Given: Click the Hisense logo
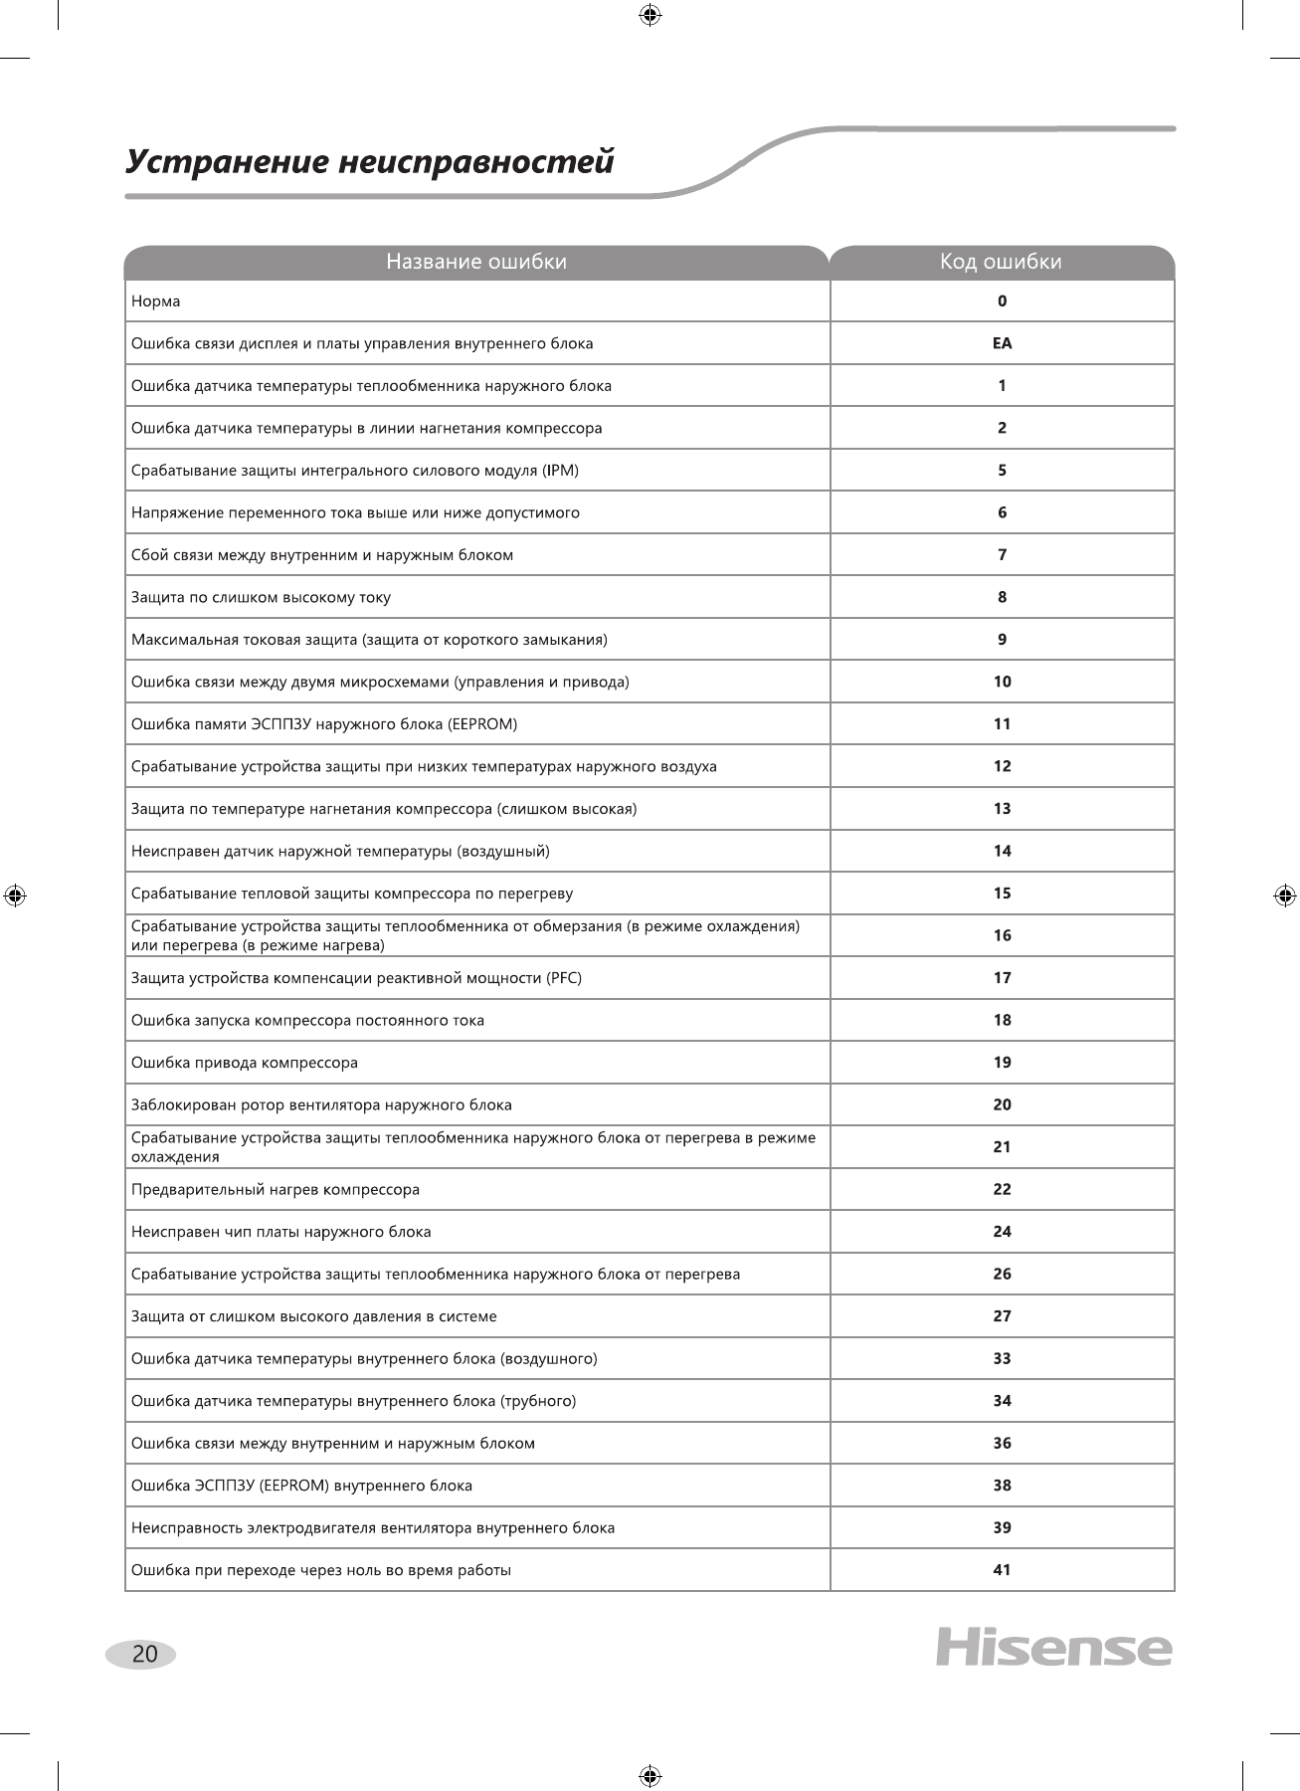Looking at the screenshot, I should coord(1053,1648).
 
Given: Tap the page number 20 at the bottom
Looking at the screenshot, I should coord(144,1654).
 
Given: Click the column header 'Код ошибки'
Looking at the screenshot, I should coord(1001,262).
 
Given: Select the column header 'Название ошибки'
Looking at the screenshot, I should coord(476,262).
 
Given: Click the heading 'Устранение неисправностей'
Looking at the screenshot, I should coord(370,161).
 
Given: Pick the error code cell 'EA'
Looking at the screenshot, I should coord(1002,343).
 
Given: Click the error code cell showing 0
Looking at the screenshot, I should coord(1002,301).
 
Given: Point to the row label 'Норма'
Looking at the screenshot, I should coord(156,301).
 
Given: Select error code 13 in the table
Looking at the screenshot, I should coord(1002,809).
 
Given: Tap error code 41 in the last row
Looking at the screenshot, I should coord(1002,1570).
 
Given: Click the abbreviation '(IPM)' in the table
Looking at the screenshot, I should coord(561,471).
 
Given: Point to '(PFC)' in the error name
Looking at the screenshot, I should coord(564,978).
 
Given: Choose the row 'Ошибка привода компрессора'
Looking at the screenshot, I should coord(245,1063).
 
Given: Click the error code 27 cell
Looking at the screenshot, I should coord(1002,1316).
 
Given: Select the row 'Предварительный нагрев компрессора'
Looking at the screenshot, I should coord(276,1189).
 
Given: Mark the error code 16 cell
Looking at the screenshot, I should coord(1002,935).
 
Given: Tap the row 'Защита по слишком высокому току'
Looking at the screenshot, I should coord(261,597).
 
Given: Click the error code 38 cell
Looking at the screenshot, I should coord(1002,1486).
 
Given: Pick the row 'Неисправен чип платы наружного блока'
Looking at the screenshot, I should coord(281,1232).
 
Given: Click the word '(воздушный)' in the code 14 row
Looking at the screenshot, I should coord(502,851).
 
